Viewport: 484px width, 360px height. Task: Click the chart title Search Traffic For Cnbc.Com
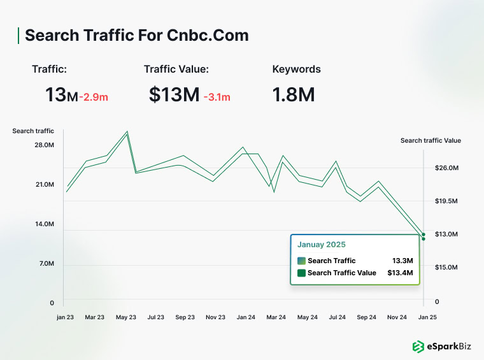[136, 36]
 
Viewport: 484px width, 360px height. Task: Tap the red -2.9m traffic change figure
[94, 97]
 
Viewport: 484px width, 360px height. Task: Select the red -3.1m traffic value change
[217, 97]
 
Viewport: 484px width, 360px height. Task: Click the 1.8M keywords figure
[294, 95]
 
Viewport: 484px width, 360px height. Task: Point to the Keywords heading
[296, 69]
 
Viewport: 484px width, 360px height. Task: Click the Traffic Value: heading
[176, 69]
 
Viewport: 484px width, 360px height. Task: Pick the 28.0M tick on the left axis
[43, 145]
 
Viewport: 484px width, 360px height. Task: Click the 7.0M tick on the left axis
[46, 264]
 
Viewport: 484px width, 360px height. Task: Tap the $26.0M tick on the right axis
[446, 168]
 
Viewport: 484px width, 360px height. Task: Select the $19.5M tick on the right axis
[446, 201]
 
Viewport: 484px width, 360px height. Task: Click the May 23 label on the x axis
[127, 317]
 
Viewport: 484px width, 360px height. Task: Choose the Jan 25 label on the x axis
[427, 317]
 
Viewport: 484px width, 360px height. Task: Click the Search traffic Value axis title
[431, 141]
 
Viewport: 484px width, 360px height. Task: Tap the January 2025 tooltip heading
[322, 244]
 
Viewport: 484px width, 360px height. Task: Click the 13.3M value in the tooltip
[402, 261]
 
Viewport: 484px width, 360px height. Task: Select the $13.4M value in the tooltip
[400, 273]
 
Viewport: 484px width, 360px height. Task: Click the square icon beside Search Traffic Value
[301, 273]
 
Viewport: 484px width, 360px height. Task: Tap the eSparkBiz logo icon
[418, 347]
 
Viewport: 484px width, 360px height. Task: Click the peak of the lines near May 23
[127, 133]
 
